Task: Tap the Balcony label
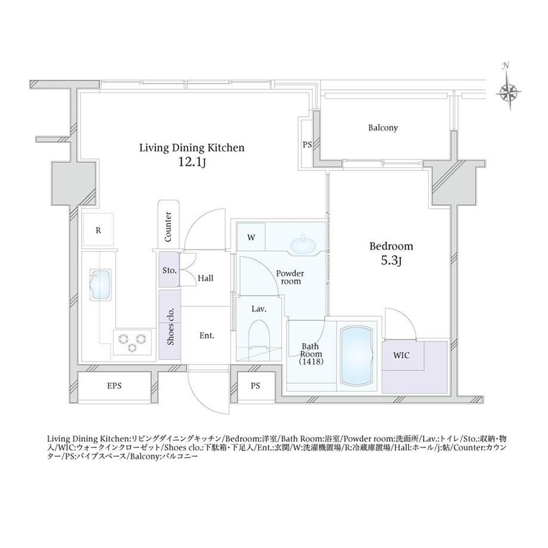[x=382, y=127]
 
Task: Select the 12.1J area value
[x=192, y=162]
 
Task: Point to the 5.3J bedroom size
[x=391, y=261]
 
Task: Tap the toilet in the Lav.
[x=259, y=338]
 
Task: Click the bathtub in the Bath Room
[x=356, y=356]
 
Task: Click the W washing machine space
[x=251, y=237]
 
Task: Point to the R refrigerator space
[x=98, y=230]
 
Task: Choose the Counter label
[x=168, y=226]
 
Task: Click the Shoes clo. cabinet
[x=170, y=324]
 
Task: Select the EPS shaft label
[x=114, y=386]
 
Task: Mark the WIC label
[x=401, y=356]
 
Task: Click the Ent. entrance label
[x=207, y=335]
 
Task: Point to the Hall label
[x=205, y=278]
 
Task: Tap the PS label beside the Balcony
[x=307, y=144]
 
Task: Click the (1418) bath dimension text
[x=311, y=362]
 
